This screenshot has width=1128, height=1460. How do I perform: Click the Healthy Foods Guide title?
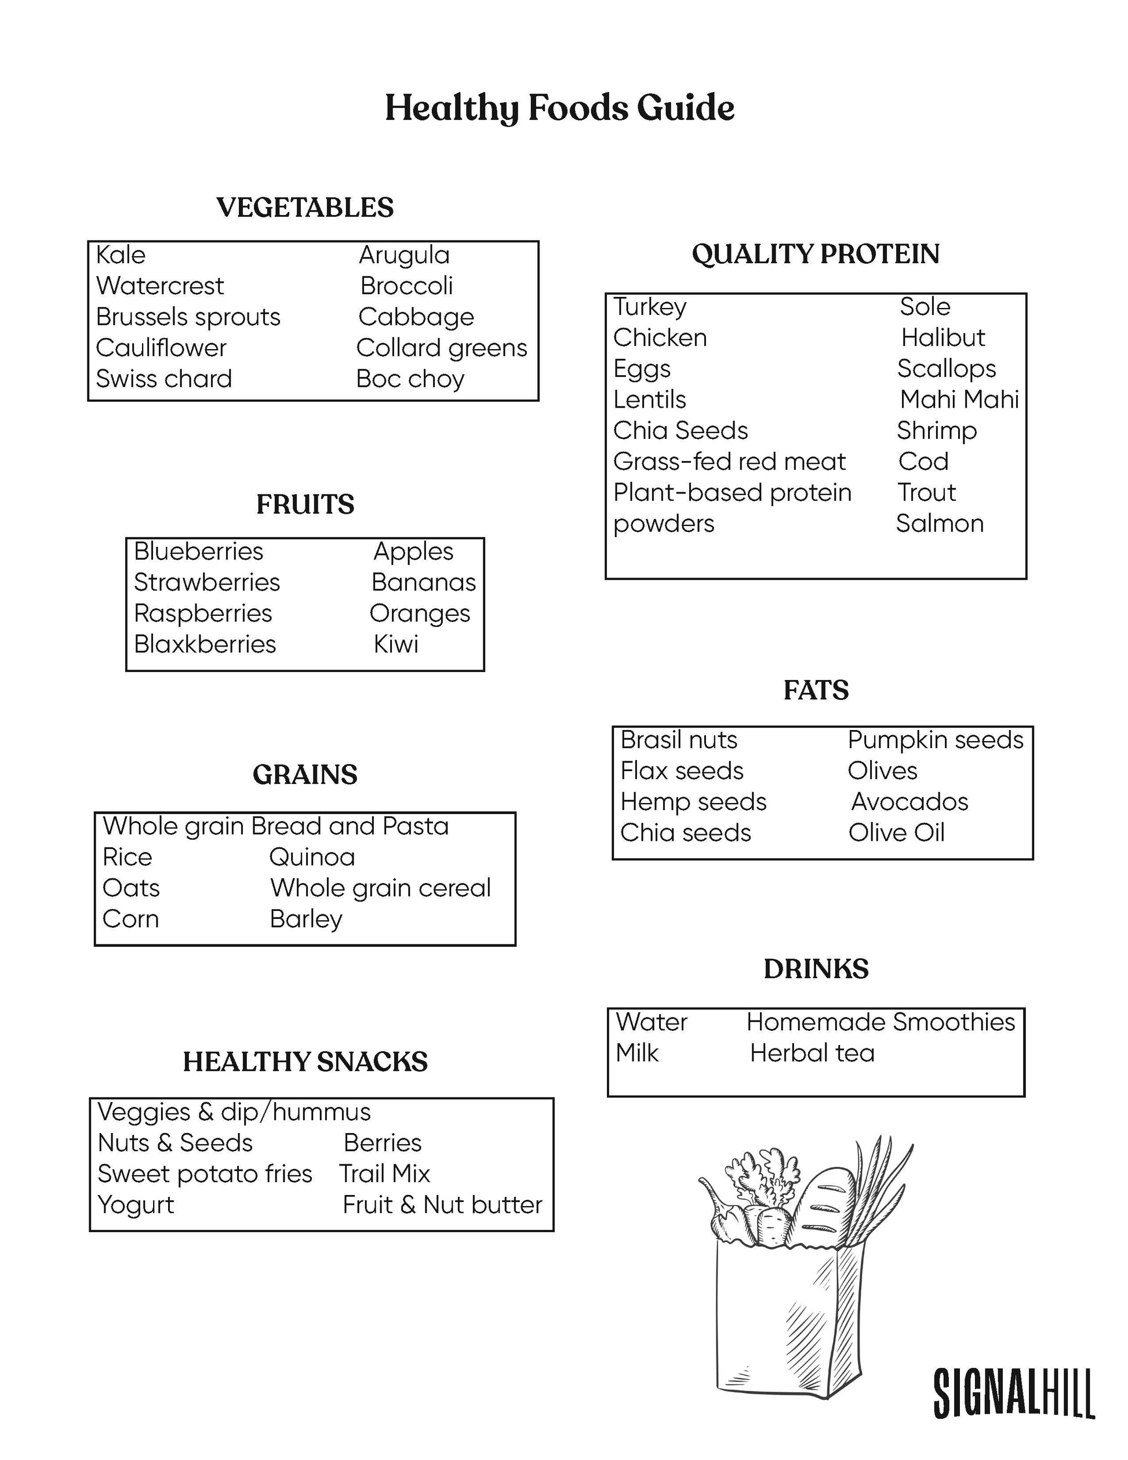pos(559,108)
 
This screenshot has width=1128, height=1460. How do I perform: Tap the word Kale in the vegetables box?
pos(121,255)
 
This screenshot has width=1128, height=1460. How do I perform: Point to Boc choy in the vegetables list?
pos(410,379)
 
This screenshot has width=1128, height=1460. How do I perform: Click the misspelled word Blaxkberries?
pos(205,644)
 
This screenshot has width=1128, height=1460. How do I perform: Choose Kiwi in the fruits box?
pos(395,644)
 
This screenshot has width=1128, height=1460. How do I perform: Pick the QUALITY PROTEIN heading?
pos(815,254)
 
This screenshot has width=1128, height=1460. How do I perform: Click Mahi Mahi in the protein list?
pos(959,399)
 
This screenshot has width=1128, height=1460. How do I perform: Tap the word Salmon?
pos(940,524)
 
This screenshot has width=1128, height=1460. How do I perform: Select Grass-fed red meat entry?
pos(729,462)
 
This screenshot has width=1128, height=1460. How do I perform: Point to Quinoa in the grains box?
pos(312,857)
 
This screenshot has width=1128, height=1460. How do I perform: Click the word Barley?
pos(306,919)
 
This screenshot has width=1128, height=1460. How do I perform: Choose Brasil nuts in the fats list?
pos(678,740)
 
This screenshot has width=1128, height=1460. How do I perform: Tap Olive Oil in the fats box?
pos(896,833)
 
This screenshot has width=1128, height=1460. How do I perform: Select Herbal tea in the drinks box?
pos(812,1054)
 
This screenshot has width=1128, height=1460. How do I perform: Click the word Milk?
pos(637,1054)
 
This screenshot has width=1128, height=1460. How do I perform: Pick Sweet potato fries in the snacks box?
pos(205,1174)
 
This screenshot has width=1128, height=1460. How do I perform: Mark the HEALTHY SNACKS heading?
pos(305,1062)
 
